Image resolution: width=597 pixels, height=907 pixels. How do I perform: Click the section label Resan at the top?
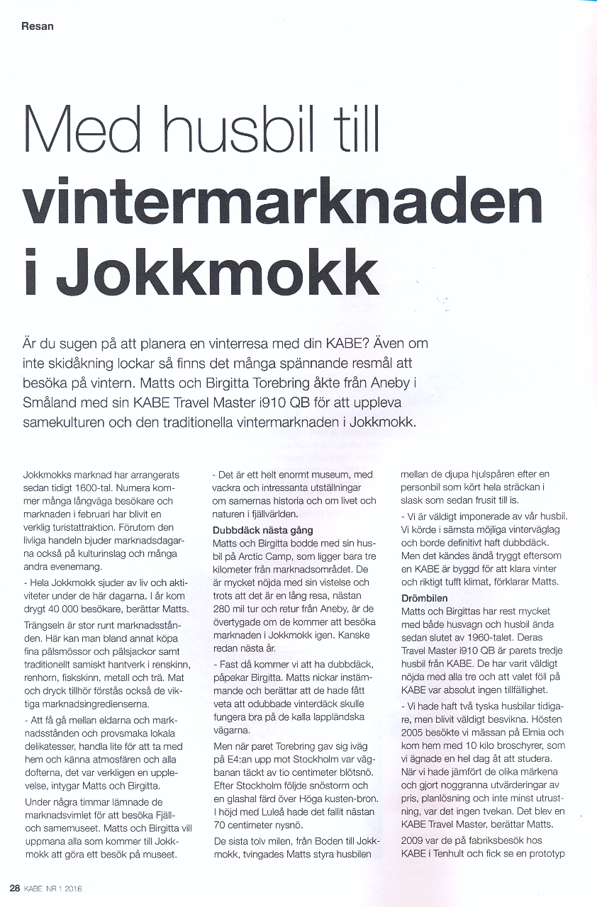(38, 26)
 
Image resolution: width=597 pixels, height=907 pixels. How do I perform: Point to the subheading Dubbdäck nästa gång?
(263, 530)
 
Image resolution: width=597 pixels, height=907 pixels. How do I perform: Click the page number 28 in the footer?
(14, 888)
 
